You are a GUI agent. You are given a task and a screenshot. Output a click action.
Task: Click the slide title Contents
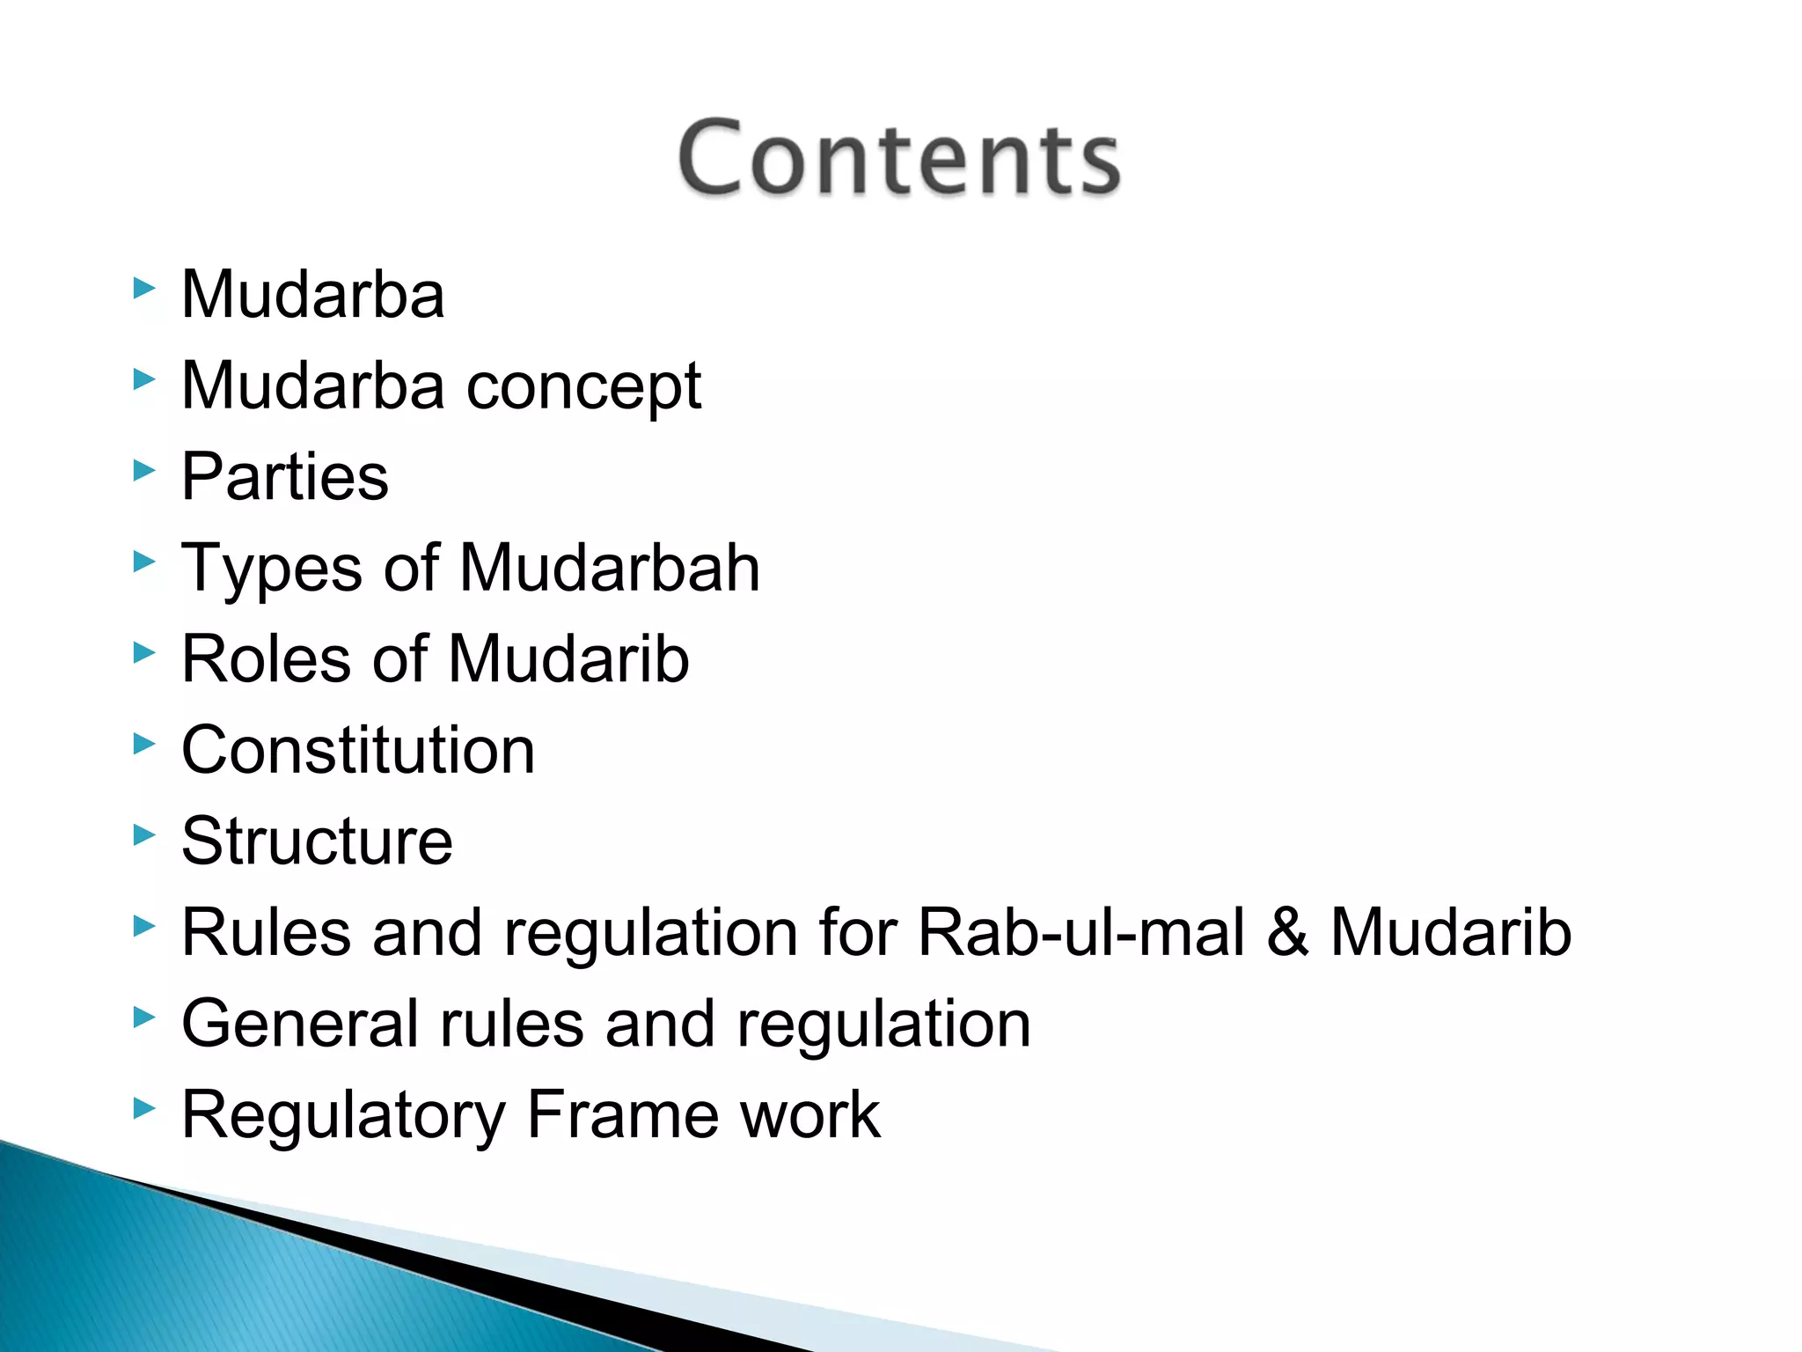click(898, 158)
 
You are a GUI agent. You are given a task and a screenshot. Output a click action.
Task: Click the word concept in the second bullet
click(583, 386)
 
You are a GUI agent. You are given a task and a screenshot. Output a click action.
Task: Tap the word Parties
click(284, 476)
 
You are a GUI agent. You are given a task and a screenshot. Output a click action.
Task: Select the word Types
click(271, 569)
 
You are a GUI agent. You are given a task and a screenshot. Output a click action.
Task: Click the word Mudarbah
click(609, 568)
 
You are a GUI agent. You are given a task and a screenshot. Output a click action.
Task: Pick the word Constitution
click(358, 750)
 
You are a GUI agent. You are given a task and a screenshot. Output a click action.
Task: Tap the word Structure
click(317, 841)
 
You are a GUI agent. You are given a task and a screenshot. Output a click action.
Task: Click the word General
click(298, 1024)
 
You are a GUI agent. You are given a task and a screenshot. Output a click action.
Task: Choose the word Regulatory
click(342, 1116)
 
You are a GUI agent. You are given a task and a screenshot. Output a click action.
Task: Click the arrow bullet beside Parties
click(144, 471)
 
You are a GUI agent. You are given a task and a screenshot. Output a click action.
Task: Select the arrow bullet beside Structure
click(144, 835)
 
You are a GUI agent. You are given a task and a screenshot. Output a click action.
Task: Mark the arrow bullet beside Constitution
click(144, 745)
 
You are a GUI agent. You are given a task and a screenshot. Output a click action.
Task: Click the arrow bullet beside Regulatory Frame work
click(144, 1109)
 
